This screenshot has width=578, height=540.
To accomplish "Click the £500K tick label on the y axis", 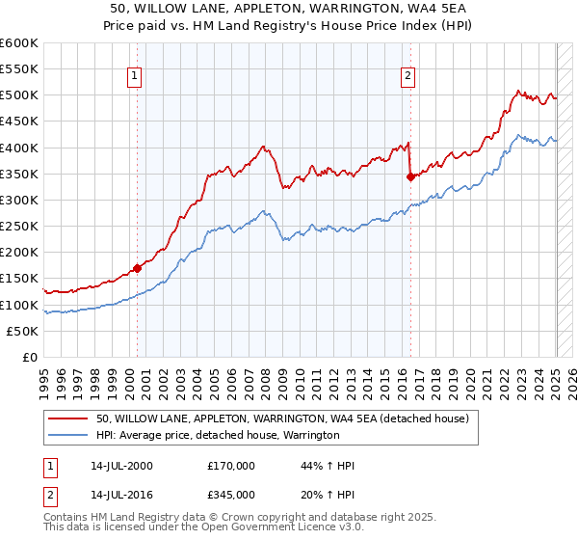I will (x=19, y=95).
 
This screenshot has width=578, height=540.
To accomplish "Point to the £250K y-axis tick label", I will (x=19, y=227).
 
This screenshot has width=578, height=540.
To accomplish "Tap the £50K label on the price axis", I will (x=23, y=331).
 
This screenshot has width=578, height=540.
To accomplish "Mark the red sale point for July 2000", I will (x=138, y=268).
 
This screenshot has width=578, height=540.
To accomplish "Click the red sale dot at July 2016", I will (x=411, y=176).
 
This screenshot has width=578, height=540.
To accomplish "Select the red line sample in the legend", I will (x=68, y=418).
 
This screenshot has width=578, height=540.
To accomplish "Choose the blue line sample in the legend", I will (x=68, y=435).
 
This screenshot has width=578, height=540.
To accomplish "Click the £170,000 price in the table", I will (x=231, y=466).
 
